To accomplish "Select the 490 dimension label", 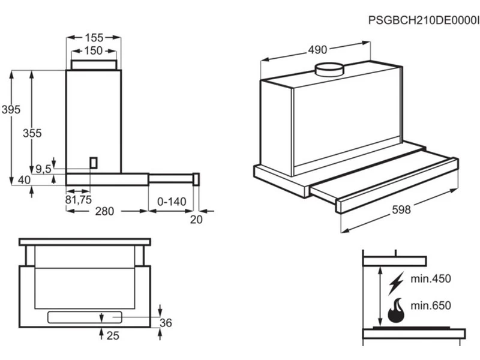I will click(x=319, y=50).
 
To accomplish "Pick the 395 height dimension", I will click(x=11, y=110).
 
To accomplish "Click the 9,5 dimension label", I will click(x=43, y=169).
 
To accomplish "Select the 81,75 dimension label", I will click(x=78, y=200).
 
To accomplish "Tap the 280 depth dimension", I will click(x=104, y=211).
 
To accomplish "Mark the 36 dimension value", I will click(x=166, y=323).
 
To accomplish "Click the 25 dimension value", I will click(x=113, y=336).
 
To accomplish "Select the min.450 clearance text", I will click(x=430, y=279).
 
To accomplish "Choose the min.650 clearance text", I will click(x=430, y=305).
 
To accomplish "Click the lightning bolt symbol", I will click(x=397, y=282).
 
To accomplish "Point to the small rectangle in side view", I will click(x=93, y=162).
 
